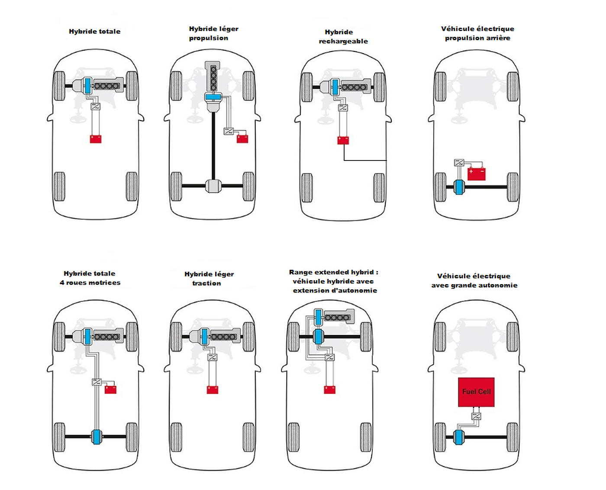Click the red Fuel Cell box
pyautogui.click(x=476, y=392)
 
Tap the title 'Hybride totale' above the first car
pyautogui.click(x=94, y=32)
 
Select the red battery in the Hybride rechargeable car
pyautogui.click(x=343, y=140)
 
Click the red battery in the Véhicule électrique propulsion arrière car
pyautogui.click(x=477, y=173)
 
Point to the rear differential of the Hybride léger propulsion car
pyautogui.click(x=213, y=186)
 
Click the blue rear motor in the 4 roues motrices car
pyautogui.click(x=96, y=437)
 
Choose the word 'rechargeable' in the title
pyautogui.click(x=343, y=42)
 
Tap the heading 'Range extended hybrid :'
pyautogui.click(x=333, y=272)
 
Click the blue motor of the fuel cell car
pyautogui.click(x=459, y=437)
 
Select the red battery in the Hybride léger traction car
pyautogui.click(x=213, y=390)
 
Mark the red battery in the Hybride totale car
pyautogui.click(x=96, y=139)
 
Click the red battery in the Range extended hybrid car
pyautogui.click(x=330, y=390)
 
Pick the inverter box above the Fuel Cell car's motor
pyautogui.click(x=476, y=416)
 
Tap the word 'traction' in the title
pyautogui.click(x=206, y=283)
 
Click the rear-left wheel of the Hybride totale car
pyautogui.click(x=59, y=186)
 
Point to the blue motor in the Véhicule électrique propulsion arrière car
pyautogui.click(x=459, y=187)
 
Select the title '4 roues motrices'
pyautogui.click(x=90, y=283)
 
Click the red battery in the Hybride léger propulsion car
pyautogui.click(x=242, y=138)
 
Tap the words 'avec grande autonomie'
pyautogui.click(x=474, y=285)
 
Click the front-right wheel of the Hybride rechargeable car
pyautogui.click(x=379, y=87)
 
